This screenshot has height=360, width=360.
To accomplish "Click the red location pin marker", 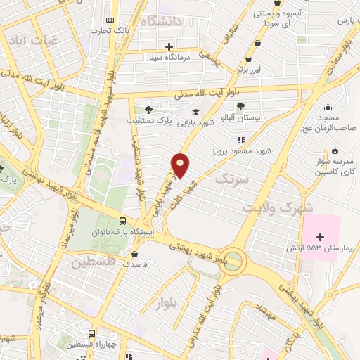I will pyautogui.click(x=181, y=166).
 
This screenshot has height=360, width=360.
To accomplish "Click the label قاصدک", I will pyautogui.click(x=136, y=266).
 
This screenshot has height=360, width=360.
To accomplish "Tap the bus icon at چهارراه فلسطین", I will pyautogui.click(x=92, y=333).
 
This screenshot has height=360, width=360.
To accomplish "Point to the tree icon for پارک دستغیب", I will pyautogui.click(x=148, y=109).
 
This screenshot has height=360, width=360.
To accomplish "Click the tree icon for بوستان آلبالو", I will pyautogui.click(x=241, y=105).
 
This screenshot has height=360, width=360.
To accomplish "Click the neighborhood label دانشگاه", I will pyautogui.click(x=161, y=21).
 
